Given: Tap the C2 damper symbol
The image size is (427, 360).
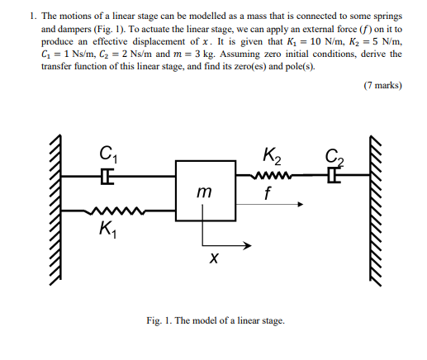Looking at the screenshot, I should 332,174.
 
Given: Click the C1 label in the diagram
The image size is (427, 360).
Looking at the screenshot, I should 107,154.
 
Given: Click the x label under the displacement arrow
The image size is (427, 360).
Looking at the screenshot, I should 214,259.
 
